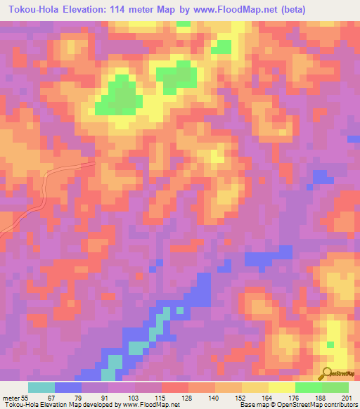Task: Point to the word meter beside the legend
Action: pos(9,398)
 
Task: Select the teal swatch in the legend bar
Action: pos(41,387)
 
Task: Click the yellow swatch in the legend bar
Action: pos(282,387)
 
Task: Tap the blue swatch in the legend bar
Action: pos(68,387)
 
